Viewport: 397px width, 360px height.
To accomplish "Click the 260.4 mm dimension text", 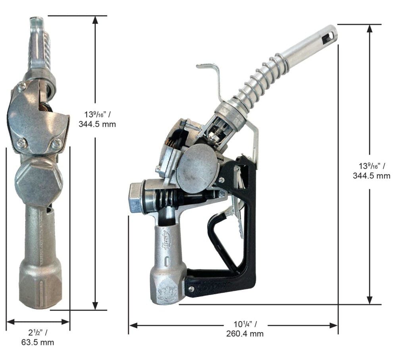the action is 245,334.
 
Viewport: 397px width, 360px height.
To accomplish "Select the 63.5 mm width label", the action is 37,342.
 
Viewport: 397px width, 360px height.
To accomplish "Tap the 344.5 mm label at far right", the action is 372,176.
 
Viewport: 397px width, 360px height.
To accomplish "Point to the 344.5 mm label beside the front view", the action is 97,124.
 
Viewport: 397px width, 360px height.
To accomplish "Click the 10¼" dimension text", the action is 245,324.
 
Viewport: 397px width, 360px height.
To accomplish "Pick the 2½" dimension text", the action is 37,332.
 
